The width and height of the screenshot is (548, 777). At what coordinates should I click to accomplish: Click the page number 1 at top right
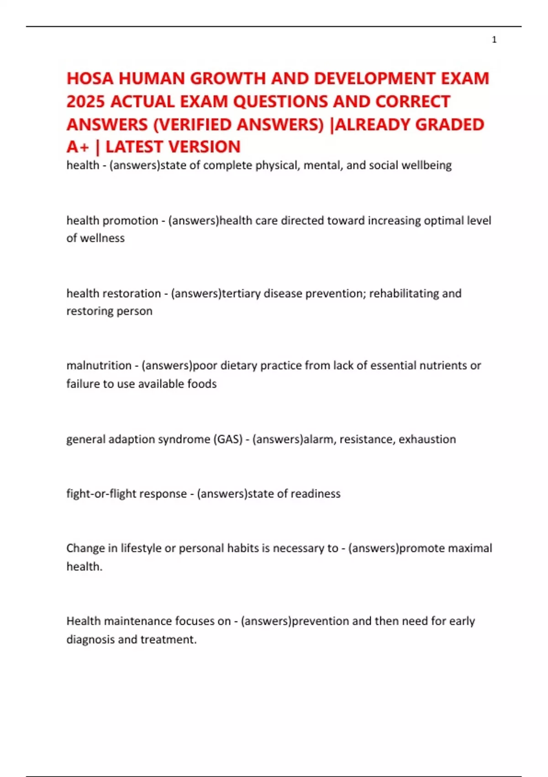click(x=494, y=40)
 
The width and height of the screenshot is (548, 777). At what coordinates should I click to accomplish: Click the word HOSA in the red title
click(x=90, y=79)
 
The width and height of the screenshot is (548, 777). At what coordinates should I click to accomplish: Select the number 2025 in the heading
click(x=86, y=101)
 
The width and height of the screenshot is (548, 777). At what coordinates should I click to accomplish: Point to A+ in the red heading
click(x=78, y=147)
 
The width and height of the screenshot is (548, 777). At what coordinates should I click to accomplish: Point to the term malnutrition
click(x=99, y=366)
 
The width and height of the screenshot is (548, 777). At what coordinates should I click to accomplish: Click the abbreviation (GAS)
click(x=227, y=439)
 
